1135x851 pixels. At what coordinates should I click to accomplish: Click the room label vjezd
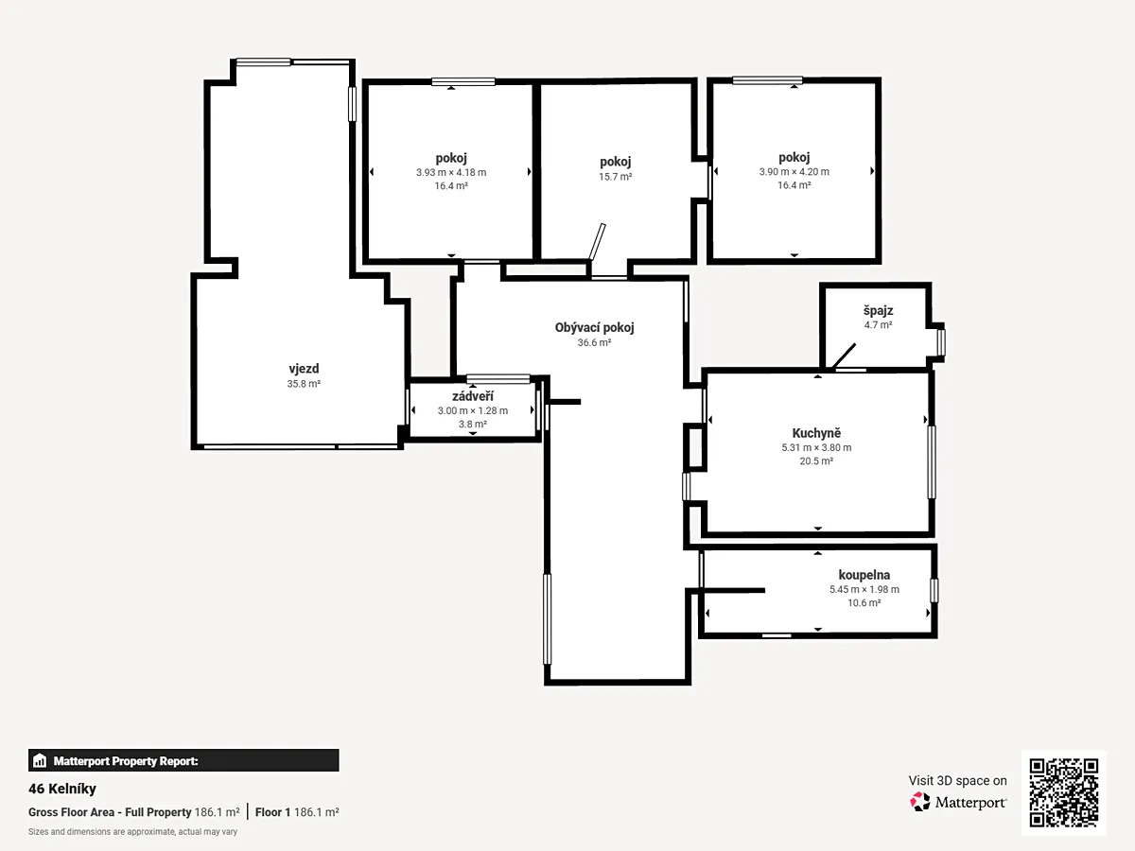[304, 369]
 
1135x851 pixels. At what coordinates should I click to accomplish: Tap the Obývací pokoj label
[594, 327]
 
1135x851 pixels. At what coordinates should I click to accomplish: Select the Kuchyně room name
[816, 433]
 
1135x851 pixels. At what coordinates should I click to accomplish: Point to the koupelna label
[864, 575]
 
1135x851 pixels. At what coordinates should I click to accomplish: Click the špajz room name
[878, 310]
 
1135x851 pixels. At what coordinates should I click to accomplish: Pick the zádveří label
[473, 396]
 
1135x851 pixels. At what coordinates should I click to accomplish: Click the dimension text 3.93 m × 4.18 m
[451, 173]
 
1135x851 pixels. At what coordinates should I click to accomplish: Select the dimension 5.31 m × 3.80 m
[816, 448]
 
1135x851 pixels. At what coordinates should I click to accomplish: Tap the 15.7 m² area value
[616, 177]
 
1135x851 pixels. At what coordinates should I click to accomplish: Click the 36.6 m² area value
[594, 342]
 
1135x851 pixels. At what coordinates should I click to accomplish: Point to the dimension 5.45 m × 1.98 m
[864, 589]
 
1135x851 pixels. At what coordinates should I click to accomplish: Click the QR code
[1064, 792]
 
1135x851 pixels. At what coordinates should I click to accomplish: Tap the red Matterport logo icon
[920, 802]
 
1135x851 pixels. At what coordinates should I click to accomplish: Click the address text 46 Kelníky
[62, 789]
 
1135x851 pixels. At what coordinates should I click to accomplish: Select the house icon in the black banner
[40, 760]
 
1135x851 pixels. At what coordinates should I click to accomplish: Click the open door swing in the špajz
[844, 356]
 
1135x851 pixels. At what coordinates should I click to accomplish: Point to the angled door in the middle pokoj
[597, 242]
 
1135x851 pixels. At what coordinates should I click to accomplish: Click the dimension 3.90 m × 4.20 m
[794, 171]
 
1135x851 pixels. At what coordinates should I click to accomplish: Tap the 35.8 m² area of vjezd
[304, 384]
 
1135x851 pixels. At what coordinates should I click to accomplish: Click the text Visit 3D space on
[957, 781]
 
